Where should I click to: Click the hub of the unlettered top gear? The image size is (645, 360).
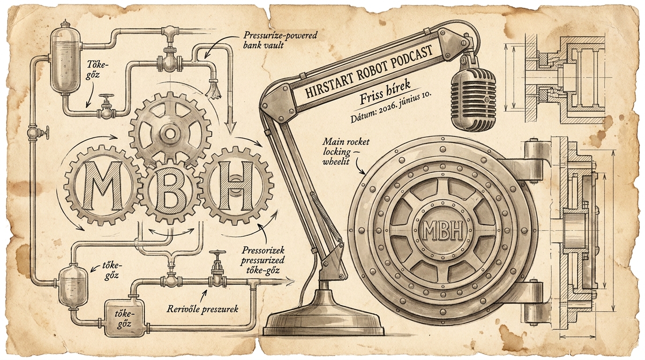170,133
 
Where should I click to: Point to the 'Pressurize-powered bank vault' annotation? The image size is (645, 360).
280,40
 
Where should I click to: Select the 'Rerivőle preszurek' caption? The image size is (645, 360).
202,309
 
